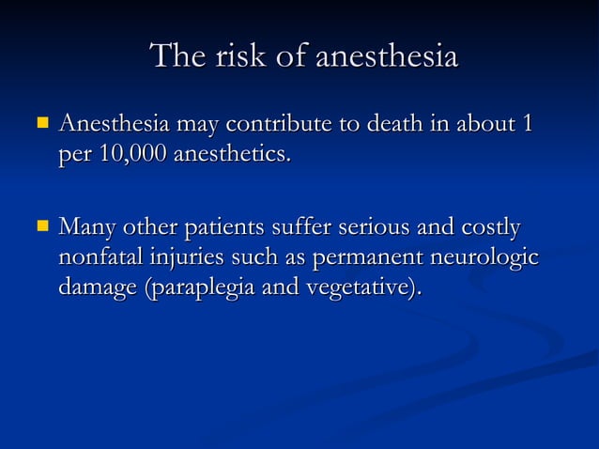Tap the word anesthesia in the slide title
click(x=386, y=56)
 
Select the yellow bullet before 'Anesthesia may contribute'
click(x=41, y=122)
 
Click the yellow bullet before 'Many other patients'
click(x=41, y=225)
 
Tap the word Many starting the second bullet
click(x=86, y=228)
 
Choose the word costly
click(x=489, y=228)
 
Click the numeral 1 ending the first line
click(x=528, y=124)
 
